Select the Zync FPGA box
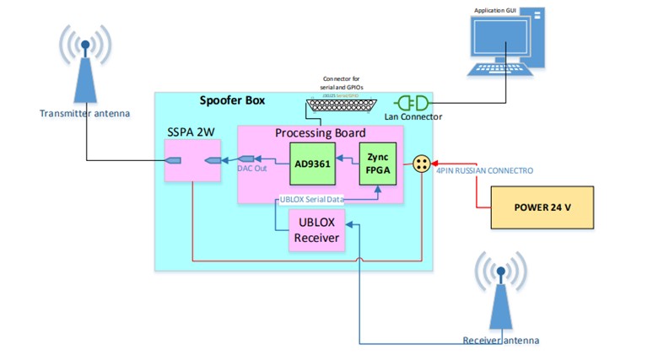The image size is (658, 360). [x=376, y=164]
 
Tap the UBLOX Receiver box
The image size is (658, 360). [x=316, y=228]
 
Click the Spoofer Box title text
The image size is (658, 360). [x=232, y=101]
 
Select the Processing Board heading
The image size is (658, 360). [x=321, y=133]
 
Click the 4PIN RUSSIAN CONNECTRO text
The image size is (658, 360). [x=484, y=171]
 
